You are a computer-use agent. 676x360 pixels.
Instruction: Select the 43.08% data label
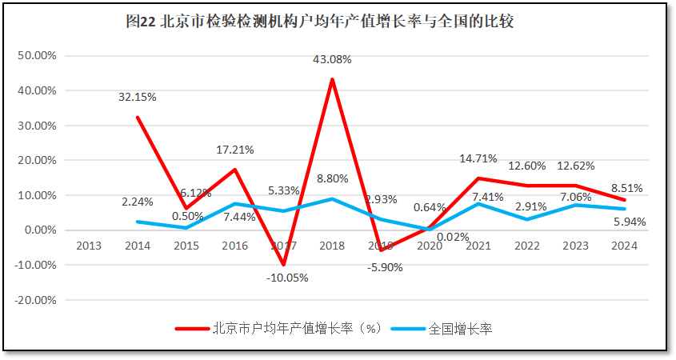pyautogui.click(x=332, y=60)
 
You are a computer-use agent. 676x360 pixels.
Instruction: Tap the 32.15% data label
pyautogui.click(x=138, y=97)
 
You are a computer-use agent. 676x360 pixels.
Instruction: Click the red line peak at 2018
pyautogui.click(x=332, y=79)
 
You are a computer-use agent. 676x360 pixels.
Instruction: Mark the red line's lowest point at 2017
pyautogui.click(x=283, y=265)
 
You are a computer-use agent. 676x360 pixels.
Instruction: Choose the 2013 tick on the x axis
pyautogui.click(x=88, y=246)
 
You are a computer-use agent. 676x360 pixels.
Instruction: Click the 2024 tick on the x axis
pyautogui.click(x=624, y=246)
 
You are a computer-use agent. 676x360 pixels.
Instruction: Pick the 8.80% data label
pyautogui.click(x=333, y=180)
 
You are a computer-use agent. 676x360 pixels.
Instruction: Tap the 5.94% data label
pyautogui.click(x=629, y=222)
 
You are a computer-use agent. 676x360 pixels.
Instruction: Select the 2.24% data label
pyautogui.click(x=138, y=202)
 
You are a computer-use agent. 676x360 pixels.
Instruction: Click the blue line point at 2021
pyautogui.click(x=478, y=204)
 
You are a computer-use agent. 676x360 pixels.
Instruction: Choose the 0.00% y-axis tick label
pyautogui.click(x=38, y=230)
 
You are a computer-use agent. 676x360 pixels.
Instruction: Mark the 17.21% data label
pyautogui.click(x=235, y=150)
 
